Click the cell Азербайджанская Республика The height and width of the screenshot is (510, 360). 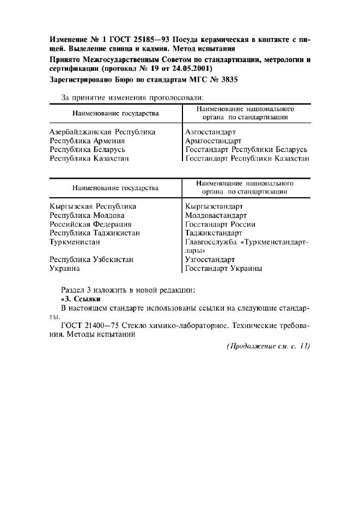click(x=102, y=132)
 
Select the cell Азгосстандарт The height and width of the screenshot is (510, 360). click(x=210, y=132)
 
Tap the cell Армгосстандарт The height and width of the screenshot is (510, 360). click(x=213, y=141)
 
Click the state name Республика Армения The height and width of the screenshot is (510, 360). click(x=87, y=141)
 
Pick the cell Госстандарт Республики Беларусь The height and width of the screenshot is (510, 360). click(x=246, y=149)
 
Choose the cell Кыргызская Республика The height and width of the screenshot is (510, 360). click(x=93, y=207)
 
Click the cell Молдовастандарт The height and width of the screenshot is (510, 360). click(x=216, y=215)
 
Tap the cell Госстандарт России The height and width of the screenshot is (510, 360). click(x=220, y=224)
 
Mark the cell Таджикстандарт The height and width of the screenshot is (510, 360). click(x=213, y=233)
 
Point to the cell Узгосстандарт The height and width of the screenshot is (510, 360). click(x=210, y=259)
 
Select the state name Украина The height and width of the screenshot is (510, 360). click(x=65, y=268)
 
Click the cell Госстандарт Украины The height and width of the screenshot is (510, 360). click(x=223, y=268)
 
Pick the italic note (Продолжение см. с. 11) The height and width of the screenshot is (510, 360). click(x=267, y=347)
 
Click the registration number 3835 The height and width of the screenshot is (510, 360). click(x=228, y=80)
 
